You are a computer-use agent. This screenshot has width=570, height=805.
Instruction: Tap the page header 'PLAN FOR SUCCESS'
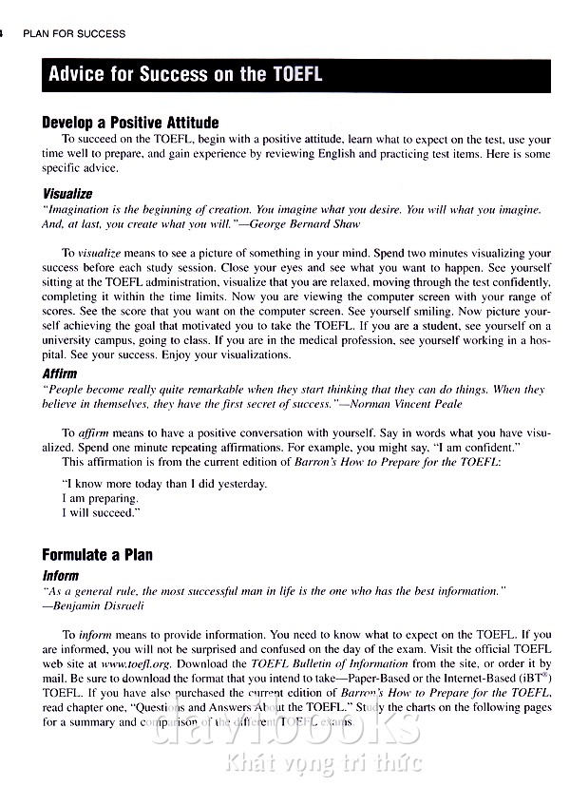pos(74,34)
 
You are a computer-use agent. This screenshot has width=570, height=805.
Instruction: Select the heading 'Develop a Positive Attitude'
pos(130,123)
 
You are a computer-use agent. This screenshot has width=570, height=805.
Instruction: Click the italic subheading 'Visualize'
pos(67,193)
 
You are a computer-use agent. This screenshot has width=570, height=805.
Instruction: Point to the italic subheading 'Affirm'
pos(59,374)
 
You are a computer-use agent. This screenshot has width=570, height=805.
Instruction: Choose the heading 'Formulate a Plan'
pos(97,555)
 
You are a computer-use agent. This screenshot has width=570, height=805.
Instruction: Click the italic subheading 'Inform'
pos(60,576)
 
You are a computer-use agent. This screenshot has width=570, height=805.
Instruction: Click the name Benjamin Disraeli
pos(99,605)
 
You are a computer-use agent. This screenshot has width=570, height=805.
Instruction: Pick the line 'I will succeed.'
pos(102,513)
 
